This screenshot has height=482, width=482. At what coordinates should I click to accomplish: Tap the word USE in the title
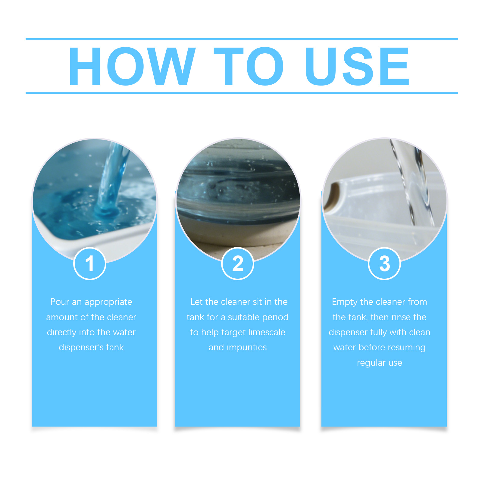(357, 66)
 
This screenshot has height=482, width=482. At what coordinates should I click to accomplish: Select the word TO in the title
(249, 66)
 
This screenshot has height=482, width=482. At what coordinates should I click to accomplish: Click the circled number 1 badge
(90, 264)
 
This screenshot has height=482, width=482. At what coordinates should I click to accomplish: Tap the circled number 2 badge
(238, 264)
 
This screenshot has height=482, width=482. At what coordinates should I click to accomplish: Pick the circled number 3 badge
(384, 264)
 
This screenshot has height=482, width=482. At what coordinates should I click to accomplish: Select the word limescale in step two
(267, 332)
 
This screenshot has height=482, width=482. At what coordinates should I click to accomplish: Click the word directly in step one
(62, 333)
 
